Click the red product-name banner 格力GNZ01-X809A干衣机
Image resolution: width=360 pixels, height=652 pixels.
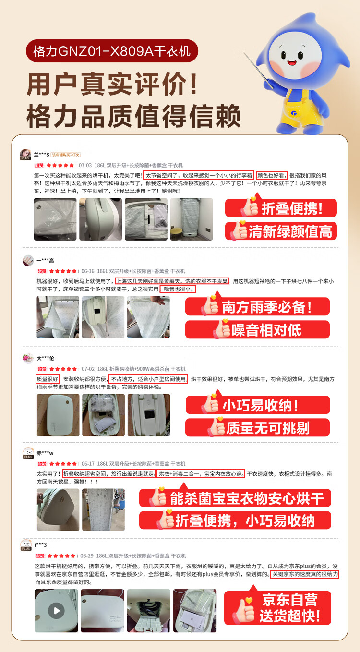click(x=112, y=51)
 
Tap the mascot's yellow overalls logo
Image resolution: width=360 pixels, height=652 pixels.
click(x=294, y=112)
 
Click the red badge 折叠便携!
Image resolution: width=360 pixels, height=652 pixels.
click(x=281, y=207)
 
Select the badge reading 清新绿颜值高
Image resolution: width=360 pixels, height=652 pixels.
click(x=281, y=231)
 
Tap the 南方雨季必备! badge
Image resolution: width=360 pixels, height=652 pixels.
click(x=258, y=306)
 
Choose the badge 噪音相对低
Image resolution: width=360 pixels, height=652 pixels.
click(x=258, y=329)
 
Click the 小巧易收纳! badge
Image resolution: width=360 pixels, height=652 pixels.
click(x=258, y=404)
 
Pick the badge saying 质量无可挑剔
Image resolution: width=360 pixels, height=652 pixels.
click(x=258, y=427)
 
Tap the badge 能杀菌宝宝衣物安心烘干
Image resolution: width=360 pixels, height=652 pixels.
click(x=235, y=497)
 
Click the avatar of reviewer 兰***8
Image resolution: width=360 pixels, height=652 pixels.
click(x=25, y=154)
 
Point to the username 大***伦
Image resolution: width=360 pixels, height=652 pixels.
click(x=46, y=358)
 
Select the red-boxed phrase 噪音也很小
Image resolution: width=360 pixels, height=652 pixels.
click(x=178, y=289)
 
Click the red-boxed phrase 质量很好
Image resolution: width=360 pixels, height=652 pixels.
click(x=48, y=379)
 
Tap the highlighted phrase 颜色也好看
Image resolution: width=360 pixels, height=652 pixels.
click(x=272, y=175)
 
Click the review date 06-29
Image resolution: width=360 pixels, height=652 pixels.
click(x=87, y=556)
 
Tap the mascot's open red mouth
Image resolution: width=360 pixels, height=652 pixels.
click(x=292, y=62)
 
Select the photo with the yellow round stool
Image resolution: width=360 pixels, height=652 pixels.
click(x=192, y=219)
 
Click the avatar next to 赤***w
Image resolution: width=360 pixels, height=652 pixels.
click(x=28, y=453)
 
